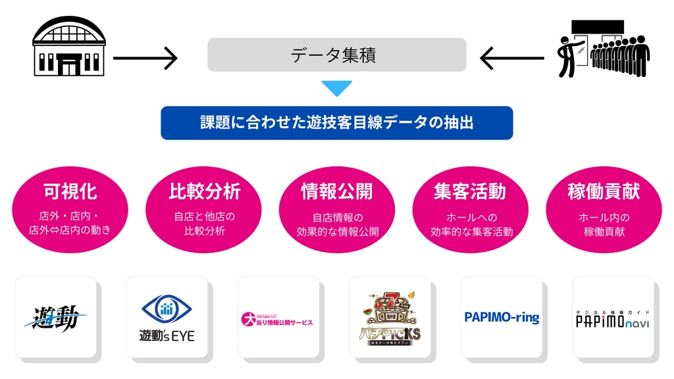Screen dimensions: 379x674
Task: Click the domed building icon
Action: point(70,47)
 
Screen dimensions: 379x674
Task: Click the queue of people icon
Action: point(602,49)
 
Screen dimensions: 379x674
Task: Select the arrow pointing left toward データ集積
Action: point(511,58)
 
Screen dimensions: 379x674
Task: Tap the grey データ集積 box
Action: point(336,55)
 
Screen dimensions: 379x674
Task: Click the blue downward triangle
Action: point(336,88)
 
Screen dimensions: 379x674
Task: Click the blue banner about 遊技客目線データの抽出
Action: point(336,123)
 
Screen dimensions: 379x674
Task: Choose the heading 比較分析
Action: point(204,191)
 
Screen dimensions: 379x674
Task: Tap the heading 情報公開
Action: point(337,191)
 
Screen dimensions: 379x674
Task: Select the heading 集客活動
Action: point(470,191)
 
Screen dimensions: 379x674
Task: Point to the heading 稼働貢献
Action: point(604,191)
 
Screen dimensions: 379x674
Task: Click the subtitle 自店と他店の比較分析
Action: point(204,224)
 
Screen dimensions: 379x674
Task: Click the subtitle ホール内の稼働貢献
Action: point(604,224)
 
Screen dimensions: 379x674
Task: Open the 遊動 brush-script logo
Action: point(56,317)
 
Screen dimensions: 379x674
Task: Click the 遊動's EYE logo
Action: point(167,317)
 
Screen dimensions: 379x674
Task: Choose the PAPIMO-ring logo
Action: point(502,318)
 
